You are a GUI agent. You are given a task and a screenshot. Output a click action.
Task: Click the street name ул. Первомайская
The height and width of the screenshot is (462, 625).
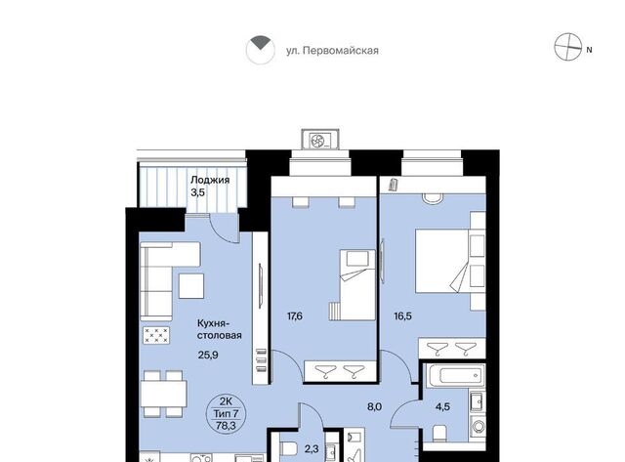332,51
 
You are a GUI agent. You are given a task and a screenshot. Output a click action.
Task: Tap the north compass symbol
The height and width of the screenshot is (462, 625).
568,47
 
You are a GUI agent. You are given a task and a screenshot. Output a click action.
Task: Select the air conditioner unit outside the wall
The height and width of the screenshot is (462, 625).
320,140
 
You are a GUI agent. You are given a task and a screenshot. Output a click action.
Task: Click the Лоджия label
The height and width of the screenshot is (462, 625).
210,180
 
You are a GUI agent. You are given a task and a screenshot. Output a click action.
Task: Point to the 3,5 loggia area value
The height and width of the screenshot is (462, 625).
197,193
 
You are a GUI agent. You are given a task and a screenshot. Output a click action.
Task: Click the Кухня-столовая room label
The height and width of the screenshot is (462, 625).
219,329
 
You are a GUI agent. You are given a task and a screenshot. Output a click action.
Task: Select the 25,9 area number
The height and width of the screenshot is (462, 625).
208,355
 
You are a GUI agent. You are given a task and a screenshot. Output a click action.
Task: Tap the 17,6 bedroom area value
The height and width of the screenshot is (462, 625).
295,316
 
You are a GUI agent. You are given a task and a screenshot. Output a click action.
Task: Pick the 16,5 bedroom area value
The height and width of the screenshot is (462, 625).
402,316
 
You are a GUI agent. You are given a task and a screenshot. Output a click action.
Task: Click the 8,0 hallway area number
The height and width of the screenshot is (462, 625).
375,407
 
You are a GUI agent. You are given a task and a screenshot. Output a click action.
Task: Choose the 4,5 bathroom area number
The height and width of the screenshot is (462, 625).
442,407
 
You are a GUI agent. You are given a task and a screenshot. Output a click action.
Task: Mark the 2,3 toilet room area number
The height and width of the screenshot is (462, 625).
312,449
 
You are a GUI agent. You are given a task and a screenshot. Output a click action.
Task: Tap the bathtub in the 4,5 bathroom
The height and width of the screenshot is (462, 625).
456,375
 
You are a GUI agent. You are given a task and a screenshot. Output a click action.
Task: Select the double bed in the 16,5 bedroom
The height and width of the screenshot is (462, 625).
442,261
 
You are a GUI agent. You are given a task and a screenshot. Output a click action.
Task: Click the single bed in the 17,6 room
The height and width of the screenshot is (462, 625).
357,284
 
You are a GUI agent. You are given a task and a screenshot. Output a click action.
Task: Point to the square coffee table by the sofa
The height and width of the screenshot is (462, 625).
191,286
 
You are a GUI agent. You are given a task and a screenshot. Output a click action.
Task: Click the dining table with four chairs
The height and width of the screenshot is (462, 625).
164,394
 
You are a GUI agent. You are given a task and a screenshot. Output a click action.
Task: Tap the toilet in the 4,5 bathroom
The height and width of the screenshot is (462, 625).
439,433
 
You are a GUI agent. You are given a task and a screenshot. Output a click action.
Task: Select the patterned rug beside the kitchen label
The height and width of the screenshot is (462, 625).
156,335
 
